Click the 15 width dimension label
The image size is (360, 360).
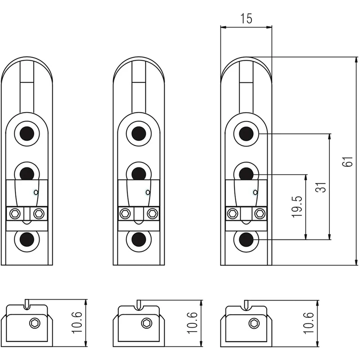246,18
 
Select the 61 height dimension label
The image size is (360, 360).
346,162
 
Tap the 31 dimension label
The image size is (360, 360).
321,187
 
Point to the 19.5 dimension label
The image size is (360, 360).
297,207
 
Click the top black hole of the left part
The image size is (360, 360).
27,133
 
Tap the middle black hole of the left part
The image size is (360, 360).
27,172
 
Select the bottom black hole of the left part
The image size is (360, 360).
27,240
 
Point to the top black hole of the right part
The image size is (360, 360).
246,133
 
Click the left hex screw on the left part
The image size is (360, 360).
16,213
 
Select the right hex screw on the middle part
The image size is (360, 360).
152,213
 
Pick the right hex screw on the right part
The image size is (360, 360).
259,213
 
